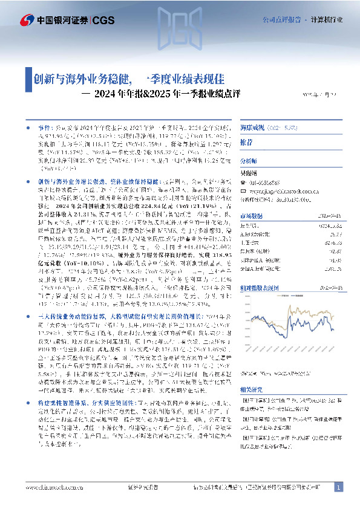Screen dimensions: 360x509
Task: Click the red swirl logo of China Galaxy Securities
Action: pos(25,19)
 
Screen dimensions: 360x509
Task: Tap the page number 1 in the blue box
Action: pos(339,487)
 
